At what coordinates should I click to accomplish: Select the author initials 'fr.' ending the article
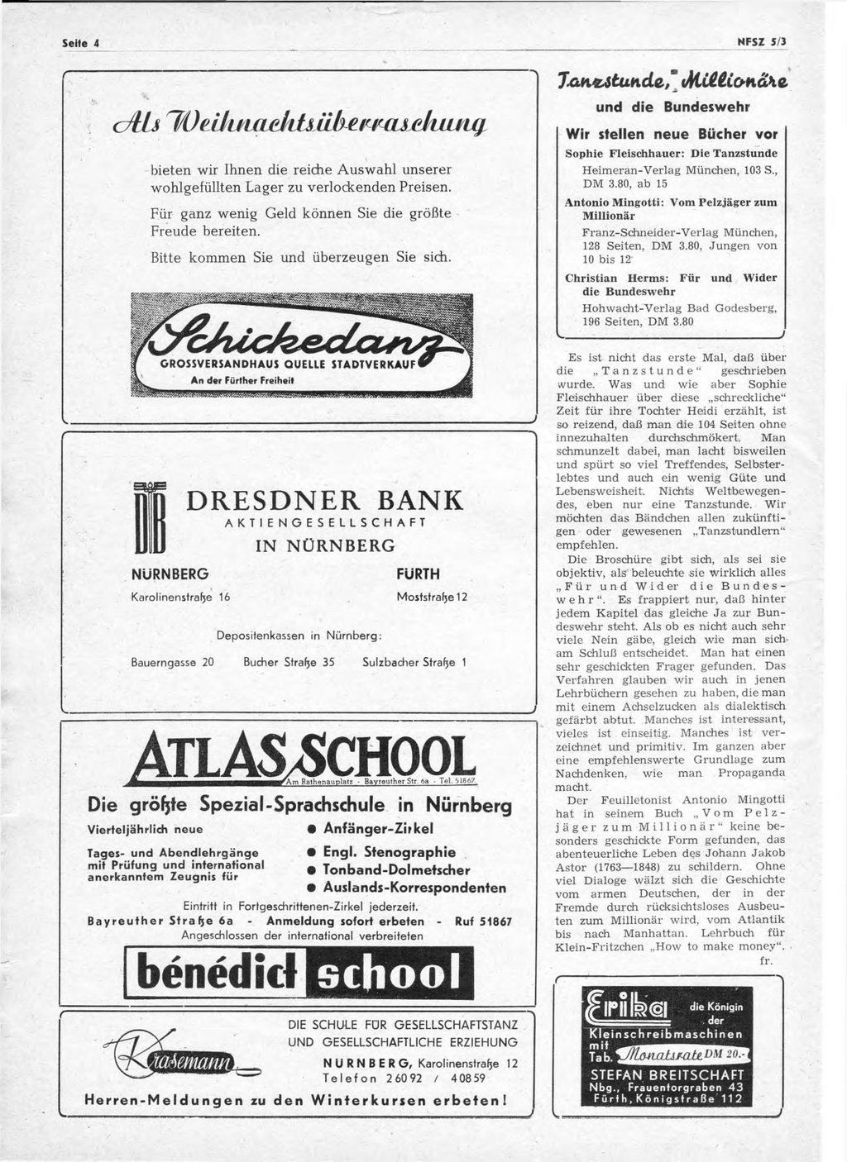pyautogui.click(x=767, y=962)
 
